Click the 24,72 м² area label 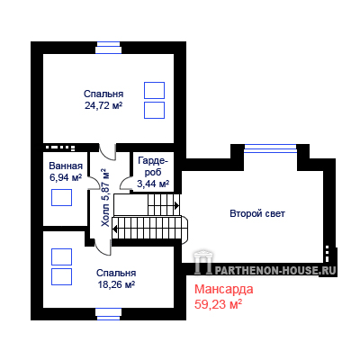[103, 105]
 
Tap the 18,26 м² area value [116, 284]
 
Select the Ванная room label [66, 166]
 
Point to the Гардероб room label [153, 172]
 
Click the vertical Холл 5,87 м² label [105, 198]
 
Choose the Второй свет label [257, 214]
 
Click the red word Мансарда [224, 290]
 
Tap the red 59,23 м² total [219, 304]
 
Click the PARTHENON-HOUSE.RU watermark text [275, 270]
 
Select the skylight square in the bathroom [61, 197]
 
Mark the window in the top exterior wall [108, 48]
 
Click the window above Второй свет [270, 148]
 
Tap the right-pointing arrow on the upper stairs [177, 205]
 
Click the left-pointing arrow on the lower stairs [115, 229]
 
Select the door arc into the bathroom [94, 182]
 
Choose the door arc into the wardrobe [125, 182]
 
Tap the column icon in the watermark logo [203, 262]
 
